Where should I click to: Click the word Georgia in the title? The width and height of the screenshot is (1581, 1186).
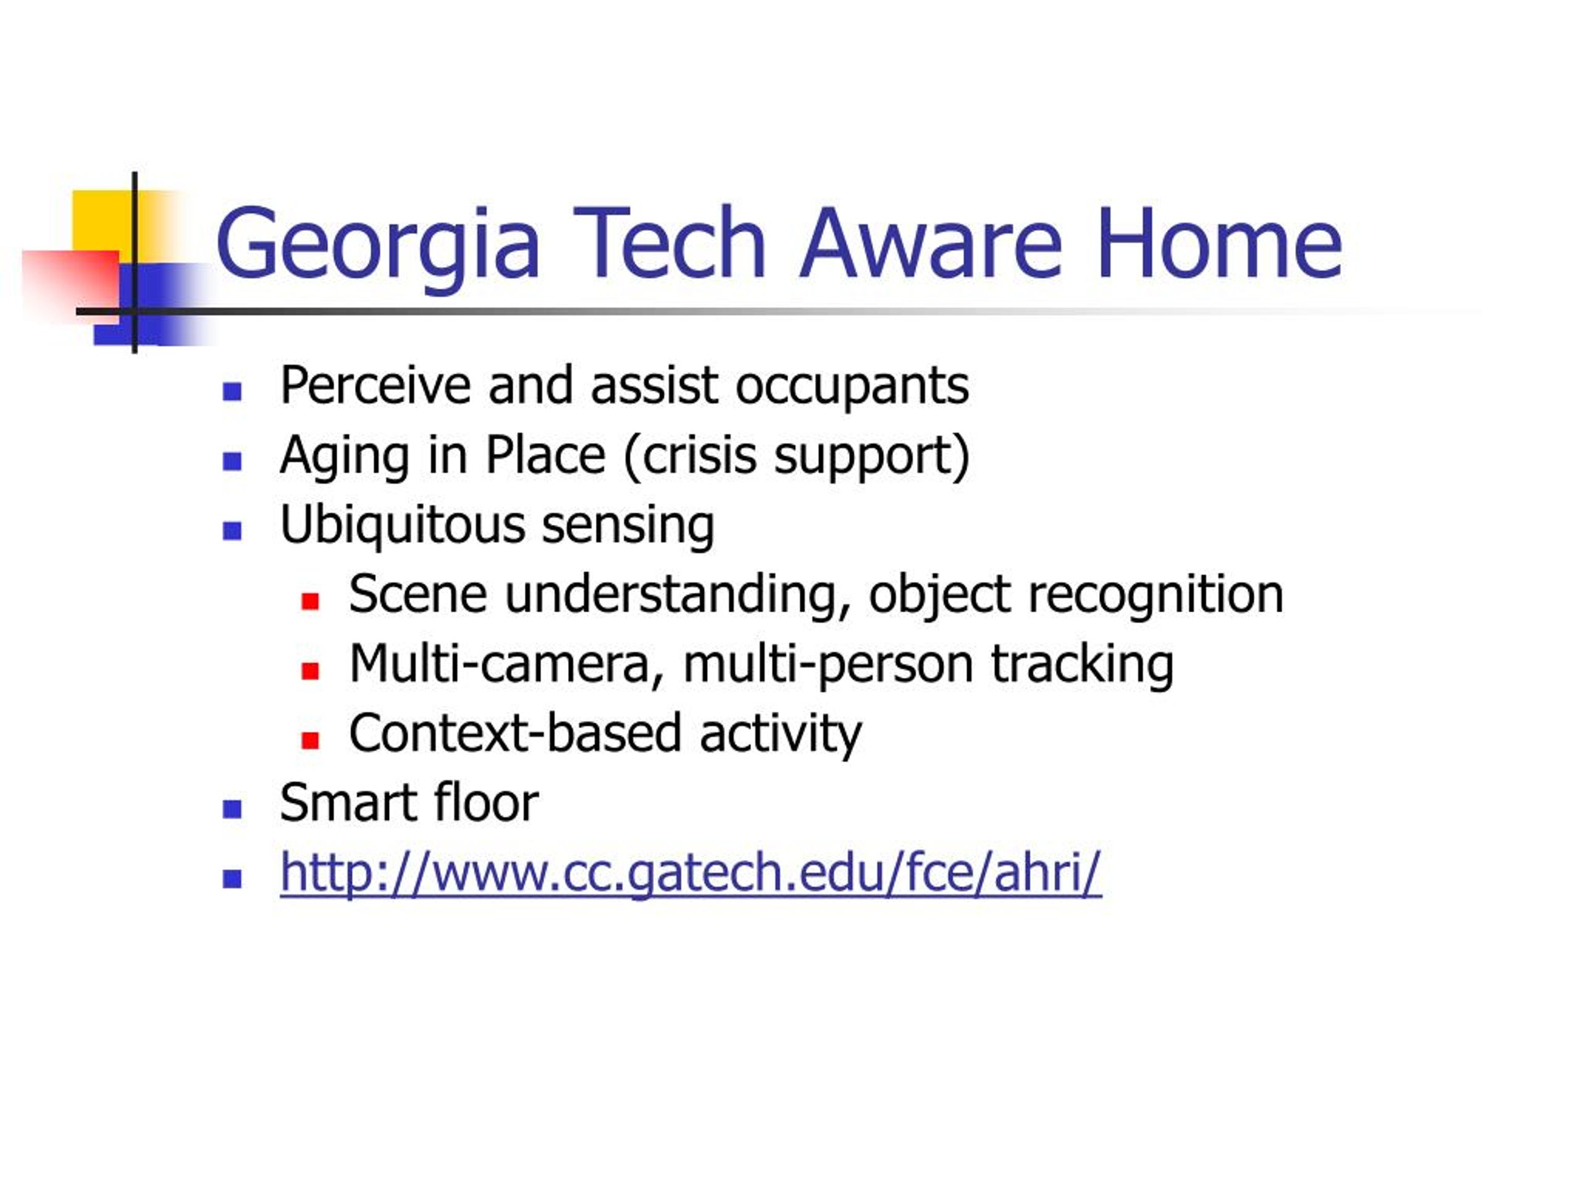coord(377,247)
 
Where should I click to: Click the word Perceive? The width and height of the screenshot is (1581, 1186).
coord(376,385)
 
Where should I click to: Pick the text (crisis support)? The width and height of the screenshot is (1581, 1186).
coord(797,455)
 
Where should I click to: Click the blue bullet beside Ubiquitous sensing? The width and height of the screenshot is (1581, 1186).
coord(232,531)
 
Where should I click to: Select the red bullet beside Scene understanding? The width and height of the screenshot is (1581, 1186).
coord(310,600)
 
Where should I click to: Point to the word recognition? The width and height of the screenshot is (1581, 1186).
coord(1155,595)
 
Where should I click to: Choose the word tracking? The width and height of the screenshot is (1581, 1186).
coord(1082,665)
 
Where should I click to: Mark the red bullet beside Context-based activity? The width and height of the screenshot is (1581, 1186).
coord(310,740)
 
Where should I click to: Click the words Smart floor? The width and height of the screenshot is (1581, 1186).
coord(409,803)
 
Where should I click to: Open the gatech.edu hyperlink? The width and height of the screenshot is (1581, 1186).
coord(690,873)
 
